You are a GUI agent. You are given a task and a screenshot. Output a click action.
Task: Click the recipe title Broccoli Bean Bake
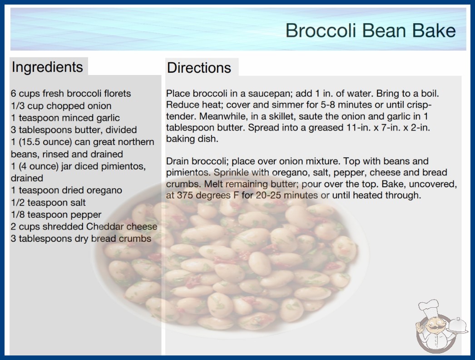[x=371, y=30]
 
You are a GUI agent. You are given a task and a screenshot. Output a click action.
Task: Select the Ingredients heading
[x=47, y=67]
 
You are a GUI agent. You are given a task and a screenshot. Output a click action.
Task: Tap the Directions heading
[x=199, y=68]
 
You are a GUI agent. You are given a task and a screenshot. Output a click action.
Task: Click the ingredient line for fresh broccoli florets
[x=71, y=94]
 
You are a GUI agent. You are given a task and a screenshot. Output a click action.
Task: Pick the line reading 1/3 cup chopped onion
[x=61, y=106]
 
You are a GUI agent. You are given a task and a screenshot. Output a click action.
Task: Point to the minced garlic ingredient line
[x=65, y=118]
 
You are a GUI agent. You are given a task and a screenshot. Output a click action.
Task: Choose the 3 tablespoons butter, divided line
[x=74, y=130]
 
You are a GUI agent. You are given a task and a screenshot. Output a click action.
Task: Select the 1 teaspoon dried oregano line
[x=66, y=190]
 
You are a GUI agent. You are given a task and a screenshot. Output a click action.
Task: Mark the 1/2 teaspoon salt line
[x=48, y=202]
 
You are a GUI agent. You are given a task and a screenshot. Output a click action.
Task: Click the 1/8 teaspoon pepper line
[x=56, y=215]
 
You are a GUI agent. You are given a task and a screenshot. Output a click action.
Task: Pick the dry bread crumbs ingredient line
[x=81, y=239]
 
